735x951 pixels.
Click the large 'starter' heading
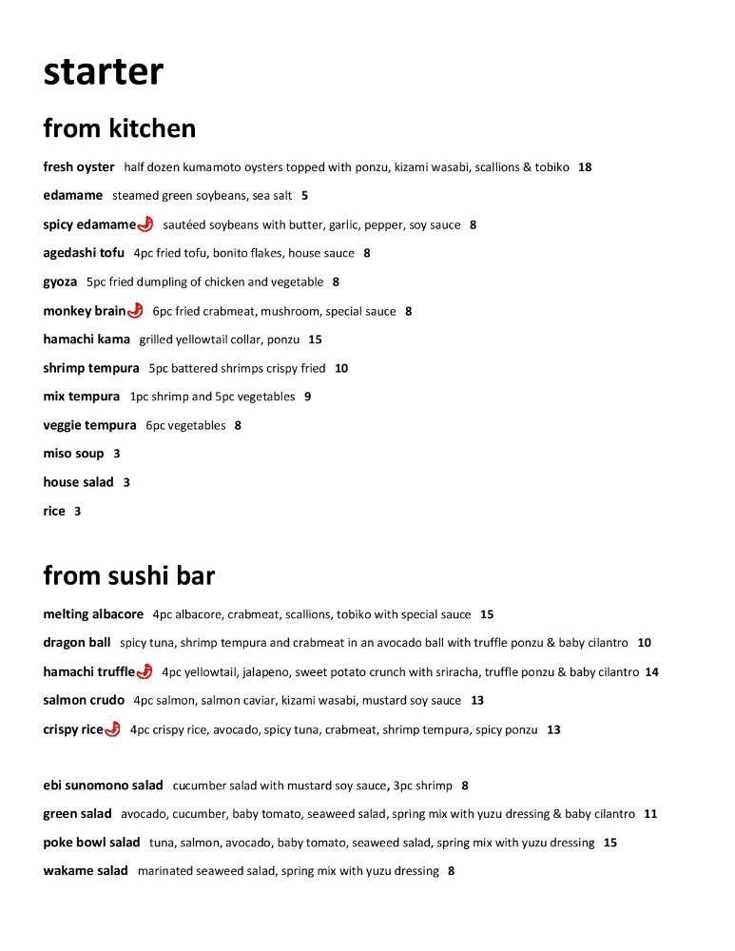click(x=103, y=72)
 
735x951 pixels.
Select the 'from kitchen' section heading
click(x=119, y=128)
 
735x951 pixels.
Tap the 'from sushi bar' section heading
click(x=128, y=575)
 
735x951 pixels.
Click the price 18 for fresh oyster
click(x=585, y=167)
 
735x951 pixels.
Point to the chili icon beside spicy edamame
click(x=145, y=224)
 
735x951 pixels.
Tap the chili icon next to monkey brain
click(x=135, y=310)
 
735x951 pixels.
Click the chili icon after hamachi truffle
click(x=145, y=671)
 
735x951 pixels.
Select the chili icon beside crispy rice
click(x=112, y=729)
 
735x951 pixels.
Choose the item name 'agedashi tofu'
click(x=84, y=253)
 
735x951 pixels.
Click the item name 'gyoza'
click(x=60, y=281)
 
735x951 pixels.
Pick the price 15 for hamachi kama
click(x=315, y=340)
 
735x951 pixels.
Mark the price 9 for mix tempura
click(x=307, y=397)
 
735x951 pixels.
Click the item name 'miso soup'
click(x=73, y=454)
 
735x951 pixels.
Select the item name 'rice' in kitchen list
click(x=54, y=511)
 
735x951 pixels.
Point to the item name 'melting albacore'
click(x=93, y=614)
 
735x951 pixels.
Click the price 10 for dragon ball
click(x=644, y=643)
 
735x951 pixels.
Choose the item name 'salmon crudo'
click(x=84, y=700)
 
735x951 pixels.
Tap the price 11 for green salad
click(x=650, y=814)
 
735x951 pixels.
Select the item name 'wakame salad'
click(x=86, y=870)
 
